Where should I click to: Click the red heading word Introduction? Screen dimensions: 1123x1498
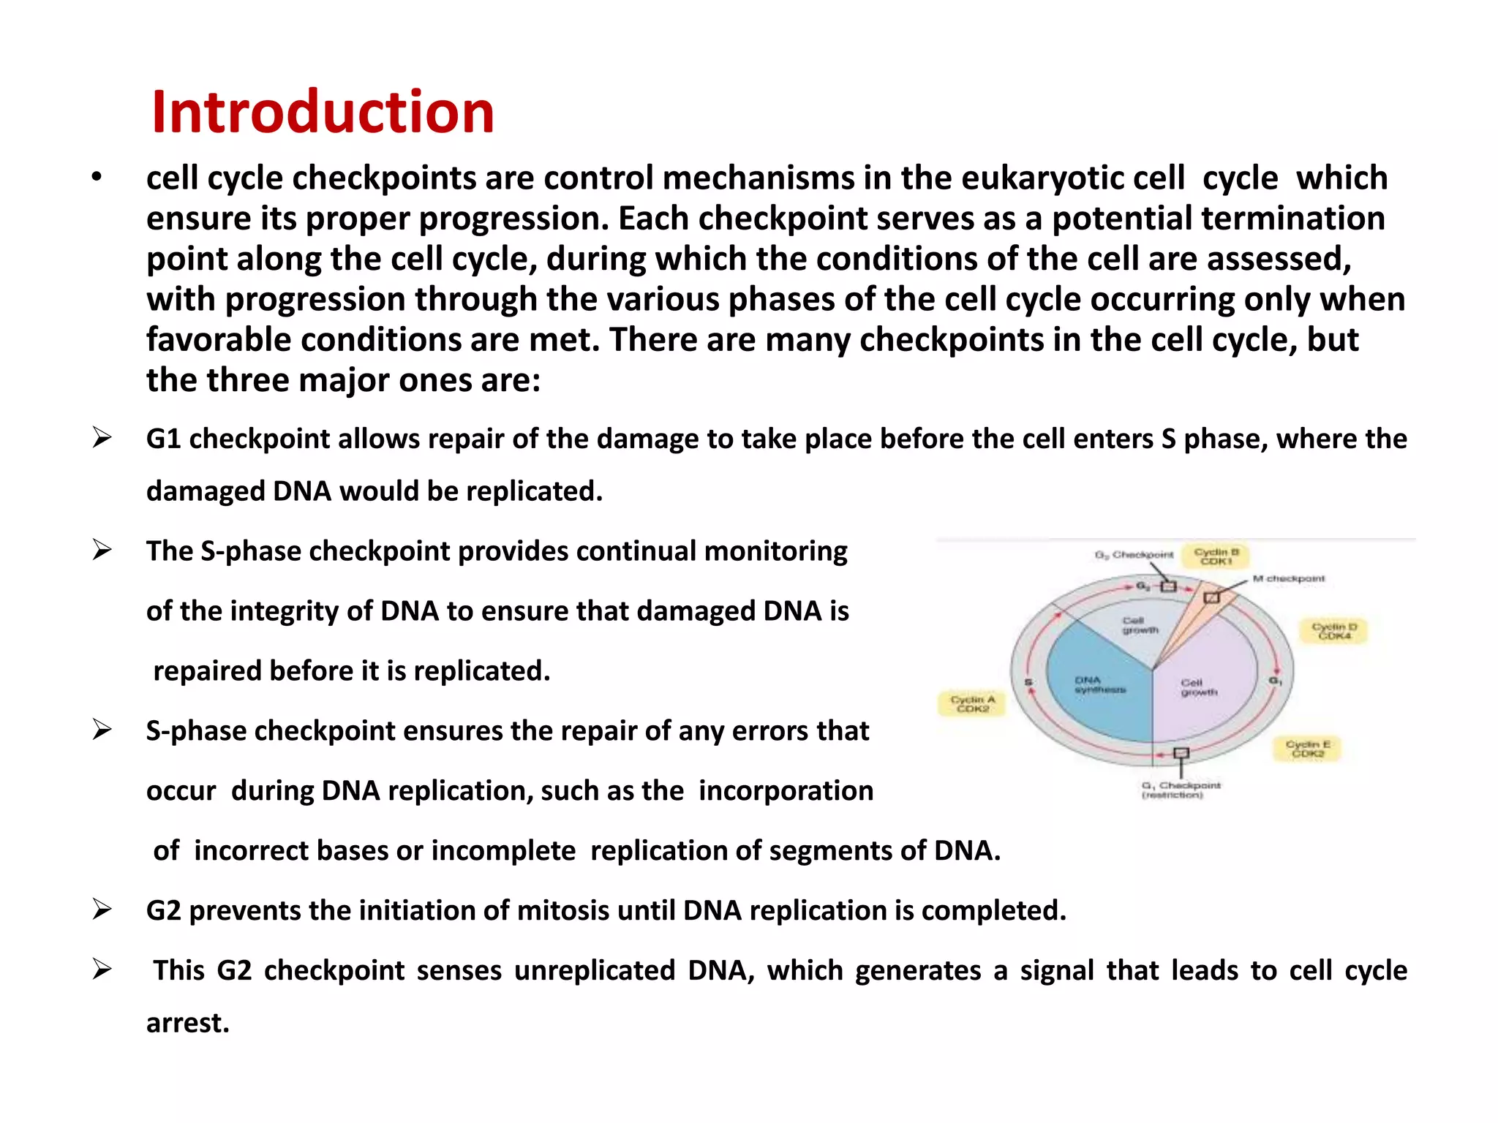coord(323,112)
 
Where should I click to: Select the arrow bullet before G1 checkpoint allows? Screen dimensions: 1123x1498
coord(102,438)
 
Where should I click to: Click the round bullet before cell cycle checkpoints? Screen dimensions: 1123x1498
coord(97,178)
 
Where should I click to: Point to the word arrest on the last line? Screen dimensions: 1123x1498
coord(187,1023)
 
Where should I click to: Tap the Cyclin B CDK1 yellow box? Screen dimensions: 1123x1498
coord(1216,556)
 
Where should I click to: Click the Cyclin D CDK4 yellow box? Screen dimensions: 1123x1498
coord(1334,631)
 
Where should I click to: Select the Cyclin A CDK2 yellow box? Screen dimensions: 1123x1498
coord(973,704)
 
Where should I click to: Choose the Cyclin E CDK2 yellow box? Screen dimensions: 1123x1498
coord(1308,749)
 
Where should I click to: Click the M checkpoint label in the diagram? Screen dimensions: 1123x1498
coord(1289,578)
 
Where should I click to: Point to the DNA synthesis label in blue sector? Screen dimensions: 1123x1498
coord(1099,684)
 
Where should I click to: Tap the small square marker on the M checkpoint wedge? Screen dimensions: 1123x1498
coord(1211,597)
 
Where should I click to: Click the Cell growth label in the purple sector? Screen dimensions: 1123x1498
coord(1199,687)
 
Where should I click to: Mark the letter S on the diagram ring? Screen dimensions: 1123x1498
coord(1028,683)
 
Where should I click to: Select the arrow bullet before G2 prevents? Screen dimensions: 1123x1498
coord(102,910)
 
